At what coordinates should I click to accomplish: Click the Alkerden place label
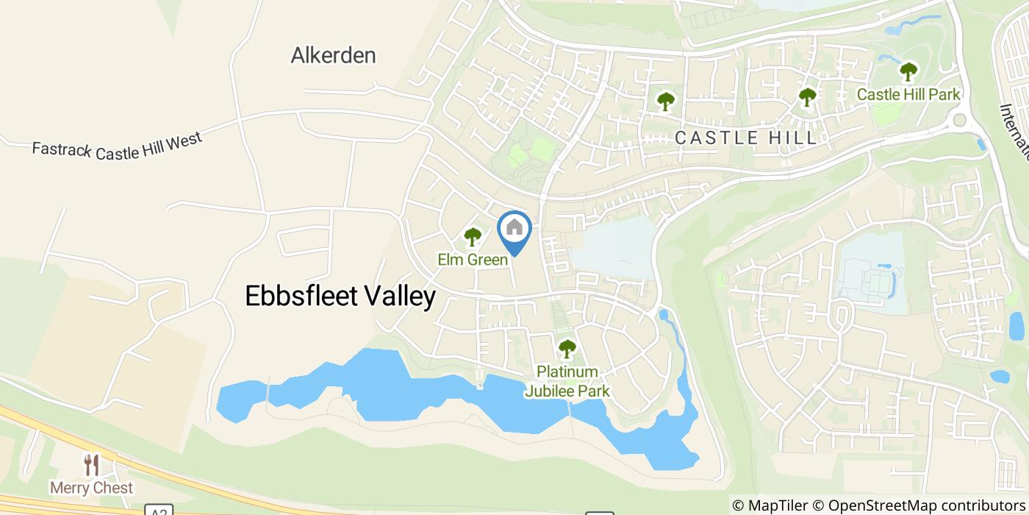(333, 55)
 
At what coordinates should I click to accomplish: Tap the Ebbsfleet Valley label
(340, 296)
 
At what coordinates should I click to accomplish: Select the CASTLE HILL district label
(745, 138)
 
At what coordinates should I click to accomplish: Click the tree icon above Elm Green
(472, 237)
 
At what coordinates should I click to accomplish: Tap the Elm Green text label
(472, 260)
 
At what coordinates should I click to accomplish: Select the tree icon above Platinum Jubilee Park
(567, 348)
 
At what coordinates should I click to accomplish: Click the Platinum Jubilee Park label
(567, 381)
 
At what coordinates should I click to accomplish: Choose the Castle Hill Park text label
(908, 94)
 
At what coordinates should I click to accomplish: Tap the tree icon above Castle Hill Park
(908, 72)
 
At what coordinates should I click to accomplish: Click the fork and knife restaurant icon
(91, 465)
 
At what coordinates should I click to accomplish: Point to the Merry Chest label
(91, 488)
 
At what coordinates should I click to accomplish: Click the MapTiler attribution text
(770, 505)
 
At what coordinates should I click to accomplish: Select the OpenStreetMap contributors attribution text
(919, 505)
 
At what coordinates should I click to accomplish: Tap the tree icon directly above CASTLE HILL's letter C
(665, 101)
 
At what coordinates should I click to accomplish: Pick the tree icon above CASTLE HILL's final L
(807, 96)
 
